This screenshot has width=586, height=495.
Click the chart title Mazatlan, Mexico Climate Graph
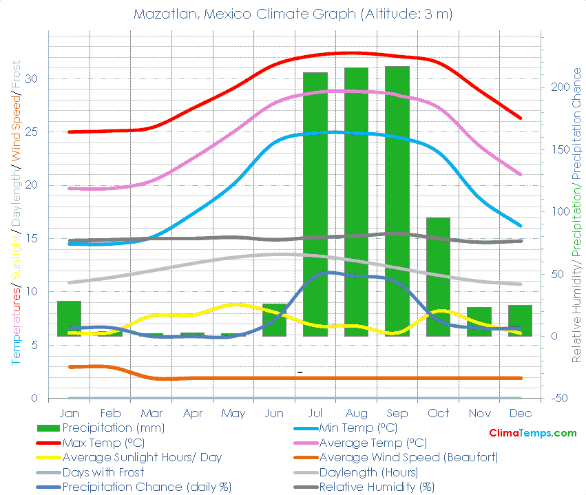(x=293, y=14)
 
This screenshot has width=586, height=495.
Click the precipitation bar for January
(x=69, y=318)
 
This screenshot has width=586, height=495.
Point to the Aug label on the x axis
(x=356, y=413)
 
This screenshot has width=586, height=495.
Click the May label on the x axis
(x=233, y=413)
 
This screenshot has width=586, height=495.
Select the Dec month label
(x=520, y=413)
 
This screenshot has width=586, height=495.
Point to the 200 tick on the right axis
(x=558, y=87)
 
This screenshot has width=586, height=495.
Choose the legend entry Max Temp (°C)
(x=103, y=442)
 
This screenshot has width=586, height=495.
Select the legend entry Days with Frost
(x=103, y=472)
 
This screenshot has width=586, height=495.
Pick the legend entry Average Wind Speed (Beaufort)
(x=408, y=457)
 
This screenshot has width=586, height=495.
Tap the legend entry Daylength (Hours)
(x=368, y=472)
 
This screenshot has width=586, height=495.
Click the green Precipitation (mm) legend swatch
(x=48, y=428)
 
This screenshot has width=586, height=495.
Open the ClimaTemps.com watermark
(x=532, y=433)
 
